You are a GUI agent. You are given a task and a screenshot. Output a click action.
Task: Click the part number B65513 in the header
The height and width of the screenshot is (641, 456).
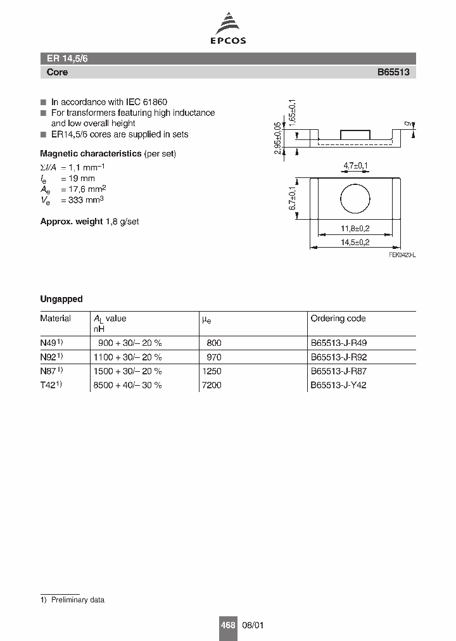(393, 72)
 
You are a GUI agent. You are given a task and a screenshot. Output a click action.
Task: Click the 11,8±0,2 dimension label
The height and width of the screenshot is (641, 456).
(355, 229)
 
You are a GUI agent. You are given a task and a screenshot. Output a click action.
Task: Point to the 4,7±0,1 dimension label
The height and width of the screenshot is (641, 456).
(355, 166)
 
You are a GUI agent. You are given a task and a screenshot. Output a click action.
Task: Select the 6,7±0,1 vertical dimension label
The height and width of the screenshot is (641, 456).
(293, 198)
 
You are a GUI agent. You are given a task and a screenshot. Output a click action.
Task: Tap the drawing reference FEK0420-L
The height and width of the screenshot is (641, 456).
(402, 254)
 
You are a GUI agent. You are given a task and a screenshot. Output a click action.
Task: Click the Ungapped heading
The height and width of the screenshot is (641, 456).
(61, 299)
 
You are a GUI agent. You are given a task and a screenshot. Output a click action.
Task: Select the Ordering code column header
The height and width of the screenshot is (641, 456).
(338, 319)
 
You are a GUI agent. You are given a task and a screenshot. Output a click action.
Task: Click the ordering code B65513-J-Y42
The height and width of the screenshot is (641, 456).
(338, 385)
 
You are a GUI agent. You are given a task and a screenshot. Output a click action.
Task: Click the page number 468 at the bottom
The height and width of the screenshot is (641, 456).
(227, 625)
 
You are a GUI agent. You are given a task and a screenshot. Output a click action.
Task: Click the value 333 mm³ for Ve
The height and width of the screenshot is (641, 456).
(82, 200)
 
